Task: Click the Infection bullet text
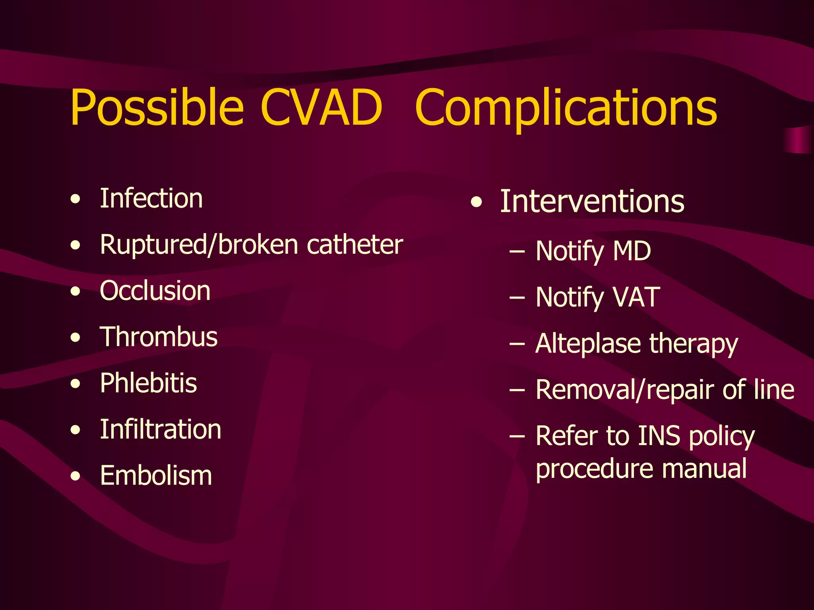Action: point(151,198)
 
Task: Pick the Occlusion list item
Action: point(155,291)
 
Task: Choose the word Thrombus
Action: point(159,337)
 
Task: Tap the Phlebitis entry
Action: point(148,383)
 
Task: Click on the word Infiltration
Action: point(160,429)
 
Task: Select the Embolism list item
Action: point(156,476)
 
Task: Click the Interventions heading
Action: point(592,201)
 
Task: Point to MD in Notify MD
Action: point(632,251)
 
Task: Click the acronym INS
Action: point(659,436)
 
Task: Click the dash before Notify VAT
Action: point(517,297)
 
